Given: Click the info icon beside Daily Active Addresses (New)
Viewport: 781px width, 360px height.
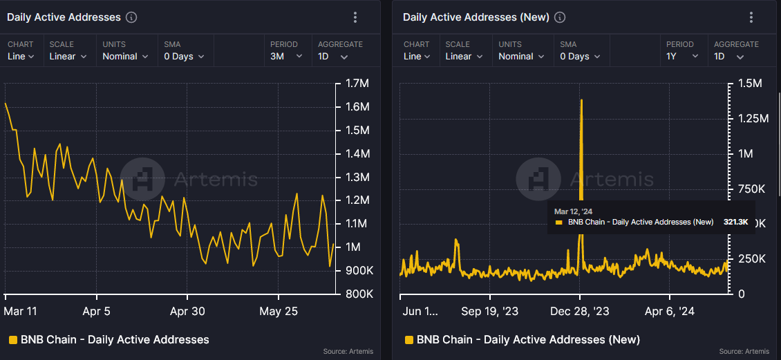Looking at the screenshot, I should coord(560,17).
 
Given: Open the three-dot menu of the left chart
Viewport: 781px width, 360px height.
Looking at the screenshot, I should coord(355,17).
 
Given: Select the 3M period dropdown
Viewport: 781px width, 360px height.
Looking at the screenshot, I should coord(286,57).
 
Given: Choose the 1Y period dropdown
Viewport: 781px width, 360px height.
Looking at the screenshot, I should coord(681,57).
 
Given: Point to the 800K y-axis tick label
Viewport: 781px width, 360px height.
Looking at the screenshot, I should coord(359,294).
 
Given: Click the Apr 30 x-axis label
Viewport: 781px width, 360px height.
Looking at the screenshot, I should coord(187,311).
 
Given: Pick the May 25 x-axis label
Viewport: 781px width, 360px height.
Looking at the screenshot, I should coord(279,311).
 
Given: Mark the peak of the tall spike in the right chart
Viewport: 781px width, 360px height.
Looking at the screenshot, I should coord(581,100).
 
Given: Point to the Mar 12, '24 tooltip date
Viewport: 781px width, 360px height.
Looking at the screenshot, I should coord(574,211).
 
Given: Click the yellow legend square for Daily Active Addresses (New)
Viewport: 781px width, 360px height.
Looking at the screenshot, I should coord(409,339).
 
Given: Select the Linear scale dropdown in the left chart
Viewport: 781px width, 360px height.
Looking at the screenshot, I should coord(68,57).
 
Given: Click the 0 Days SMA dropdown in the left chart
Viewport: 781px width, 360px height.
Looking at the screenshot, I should coord(184,57).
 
